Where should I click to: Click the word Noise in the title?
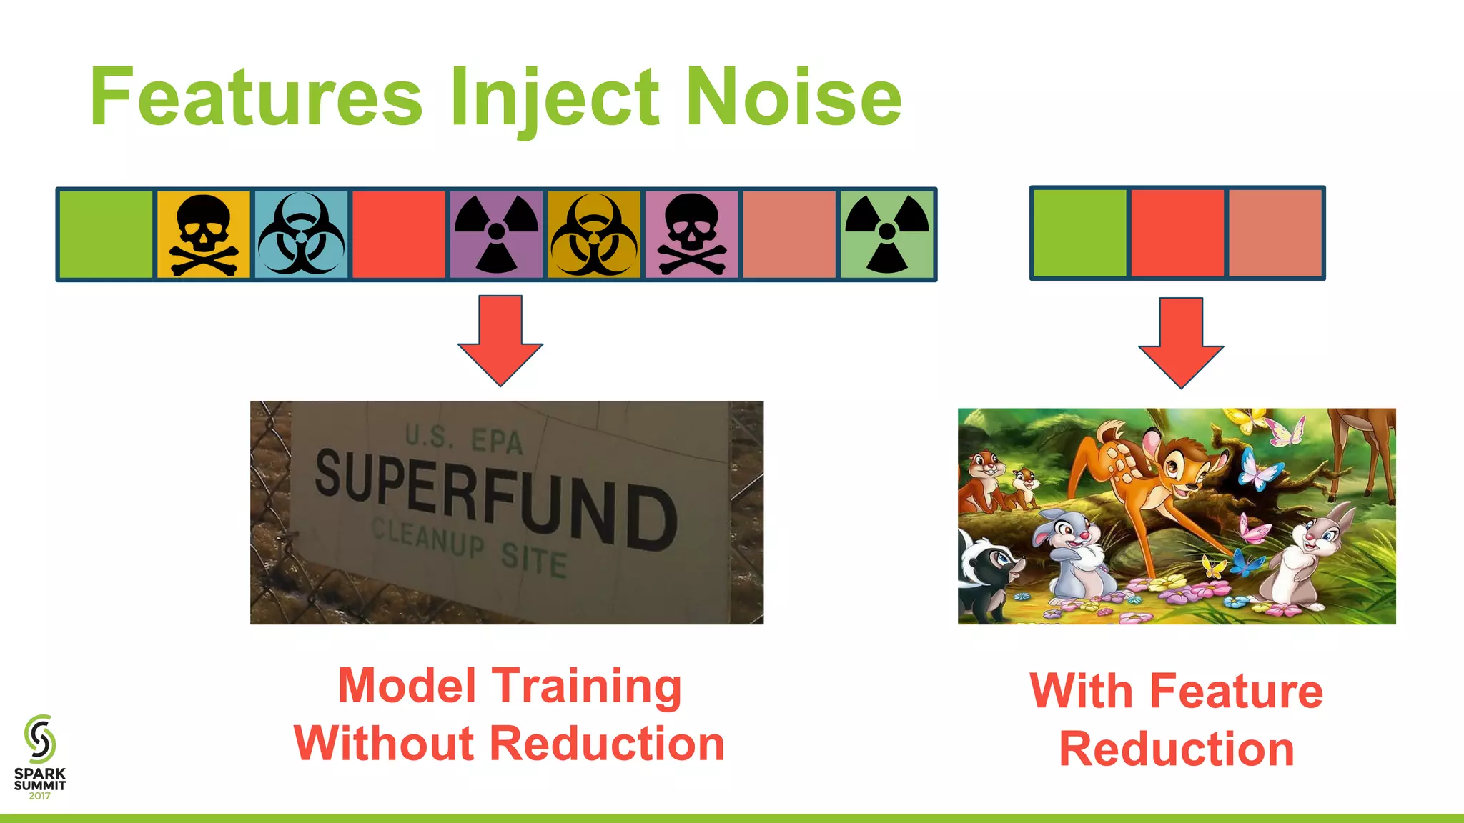793,96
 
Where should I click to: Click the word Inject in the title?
553,96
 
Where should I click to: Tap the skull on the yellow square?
203,234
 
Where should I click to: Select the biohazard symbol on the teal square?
301,234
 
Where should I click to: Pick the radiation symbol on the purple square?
496,234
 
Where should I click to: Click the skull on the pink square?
691,234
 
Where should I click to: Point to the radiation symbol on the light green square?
886,234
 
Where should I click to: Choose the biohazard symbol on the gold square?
593,234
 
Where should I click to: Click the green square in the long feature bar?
106,234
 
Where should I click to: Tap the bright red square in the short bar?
1177,233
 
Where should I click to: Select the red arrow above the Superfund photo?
500,340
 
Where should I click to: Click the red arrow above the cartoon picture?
1181,342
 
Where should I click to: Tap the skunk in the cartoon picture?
989,572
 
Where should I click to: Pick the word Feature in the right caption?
1236,692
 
